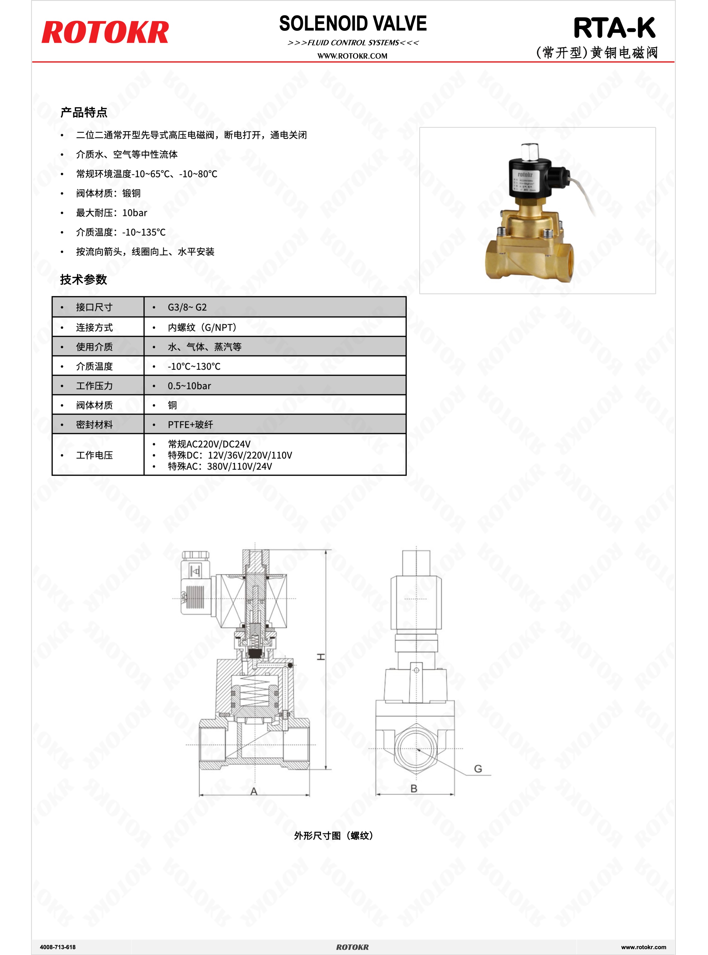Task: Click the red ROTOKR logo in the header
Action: click(105, 32)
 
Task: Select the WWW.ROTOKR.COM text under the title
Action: click(352, 56)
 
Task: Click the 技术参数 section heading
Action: click(84, 280)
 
